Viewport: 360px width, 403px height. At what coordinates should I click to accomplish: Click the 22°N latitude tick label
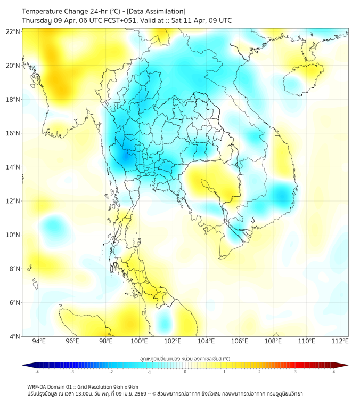pos(13,31)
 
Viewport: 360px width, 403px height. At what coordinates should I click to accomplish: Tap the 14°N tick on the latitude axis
pos(13,167)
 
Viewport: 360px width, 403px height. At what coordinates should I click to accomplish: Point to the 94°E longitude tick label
pos(39,341)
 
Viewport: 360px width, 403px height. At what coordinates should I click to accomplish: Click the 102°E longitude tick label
pos(173,341)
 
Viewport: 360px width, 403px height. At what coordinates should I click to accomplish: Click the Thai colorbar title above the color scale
pos(185,358)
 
